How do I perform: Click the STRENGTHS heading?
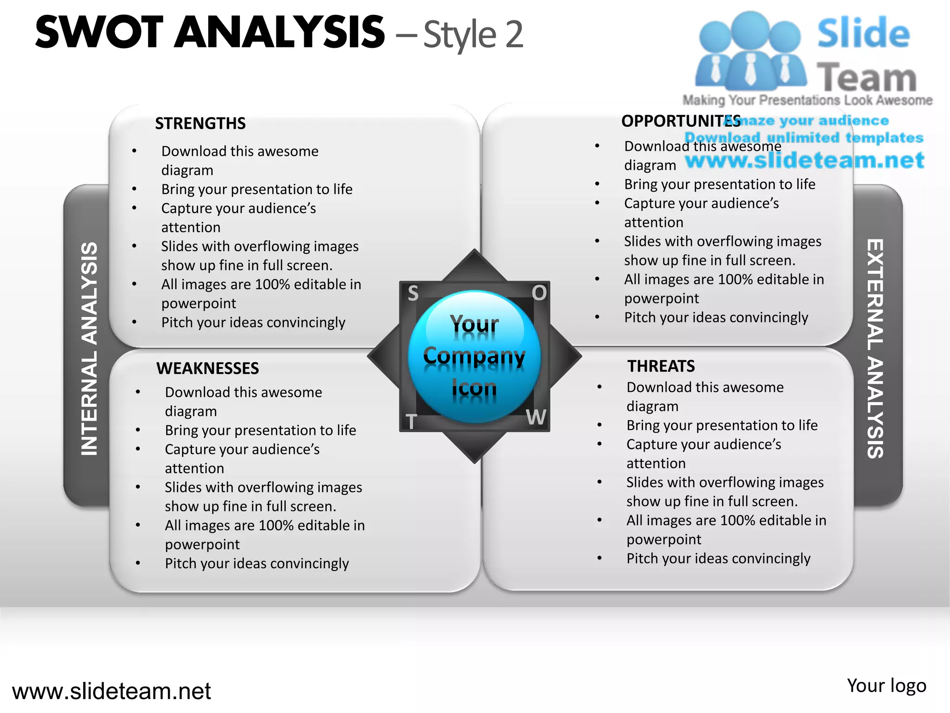(200, 123)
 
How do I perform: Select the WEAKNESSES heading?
(207, 368)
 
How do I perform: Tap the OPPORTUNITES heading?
(680, 121)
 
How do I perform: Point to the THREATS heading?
(661, 366)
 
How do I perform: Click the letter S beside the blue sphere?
(413, 293)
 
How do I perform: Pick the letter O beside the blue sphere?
(539, 293)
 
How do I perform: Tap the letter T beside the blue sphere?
(411, 422)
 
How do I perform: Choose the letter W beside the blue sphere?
(536, 417)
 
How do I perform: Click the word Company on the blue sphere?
(474, 356)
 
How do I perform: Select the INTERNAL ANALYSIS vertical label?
(89, 348)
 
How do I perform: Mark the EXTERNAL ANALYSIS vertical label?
(875, 348)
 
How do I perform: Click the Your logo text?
(886, 686)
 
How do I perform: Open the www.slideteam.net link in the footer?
(111, 691)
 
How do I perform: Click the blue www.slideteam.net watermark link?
(804, 160)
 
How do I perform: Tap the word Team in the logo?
(867, 78)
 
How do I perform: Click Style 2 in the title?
(473, 34)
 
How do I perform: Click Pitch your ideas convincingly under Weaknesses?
(257, 563)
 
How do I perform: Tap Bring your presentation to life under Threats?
(722, 425)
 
